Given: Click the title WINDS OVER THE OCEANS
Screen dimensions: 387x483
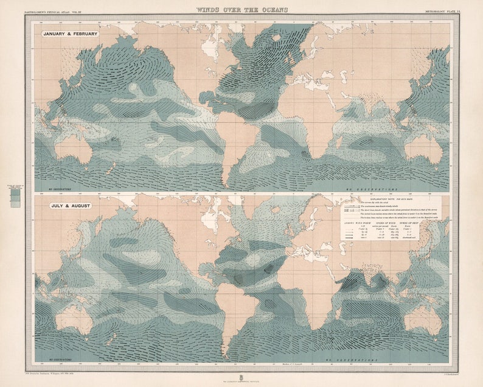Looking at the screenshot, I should pos(241,10).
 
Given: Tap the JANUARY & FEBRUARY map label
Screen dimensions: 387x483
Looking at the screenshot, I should pos(70,34).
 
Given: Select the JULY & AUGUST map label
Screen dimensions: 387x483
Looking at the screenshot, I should pos(71,206).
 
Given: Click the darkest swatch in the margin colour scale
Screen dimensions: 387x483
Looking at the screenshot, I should pos(15,191).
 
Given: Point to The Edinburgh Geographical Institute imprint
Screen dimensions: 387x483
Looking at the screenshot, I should pos(241,379).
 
